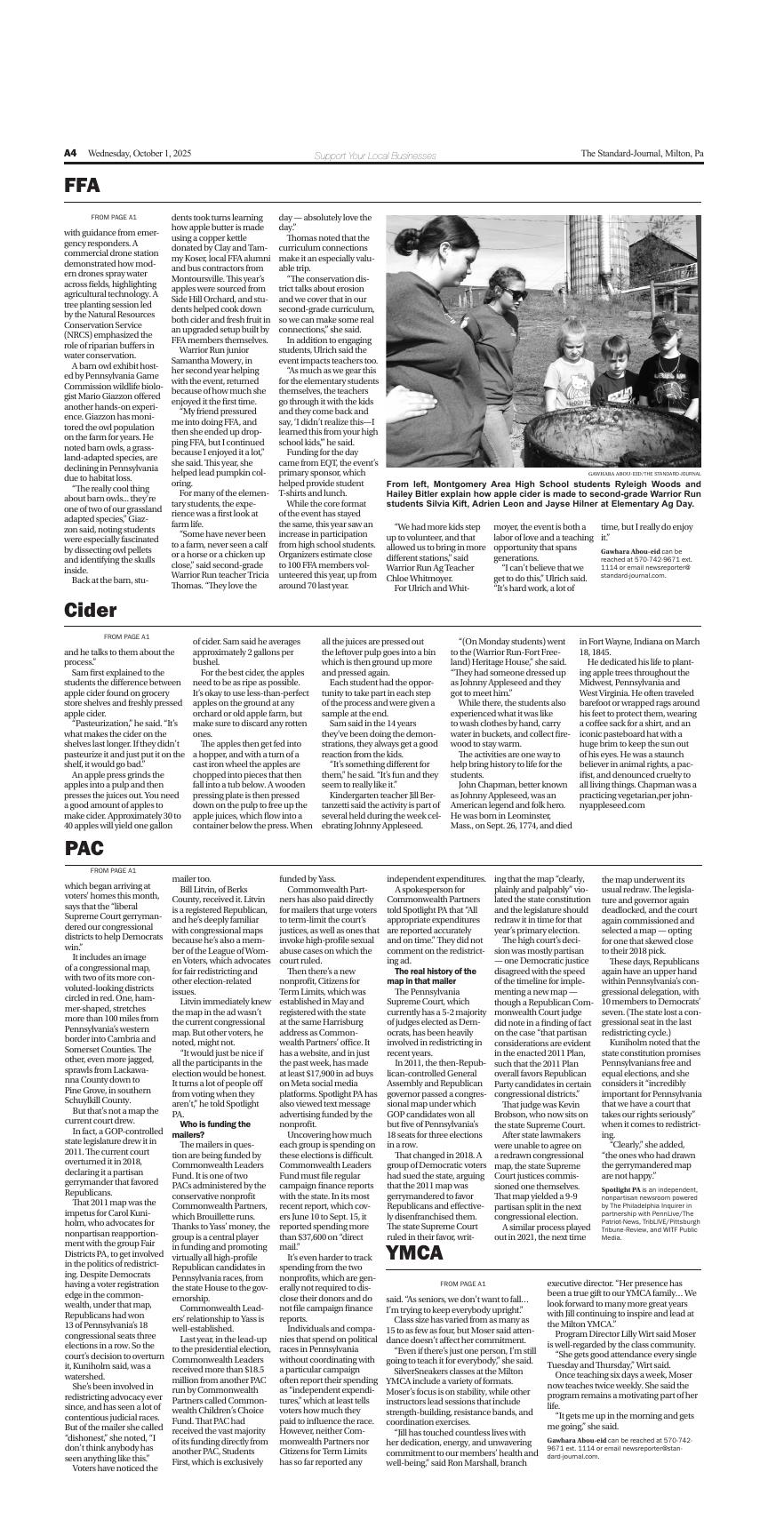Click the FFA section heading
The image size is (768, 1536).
click(x=82, y=186)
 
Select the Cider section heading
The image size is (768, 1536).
click(x=90, y=610)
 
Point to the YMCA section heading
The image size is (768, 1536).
click(x=413, y=1253)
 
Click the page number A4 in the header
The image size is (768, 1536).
click(x=70, y=154)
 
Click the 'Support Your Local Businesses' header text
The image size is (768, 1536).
click(x=375, y=156)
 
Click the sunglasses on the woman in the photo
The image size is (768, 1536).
click(x=514, y=295)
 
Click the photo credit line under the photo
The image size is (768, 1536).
click(x=644, y=474)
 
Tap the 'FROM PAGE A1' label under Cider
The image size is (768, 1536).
click(x=126, y=636)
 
